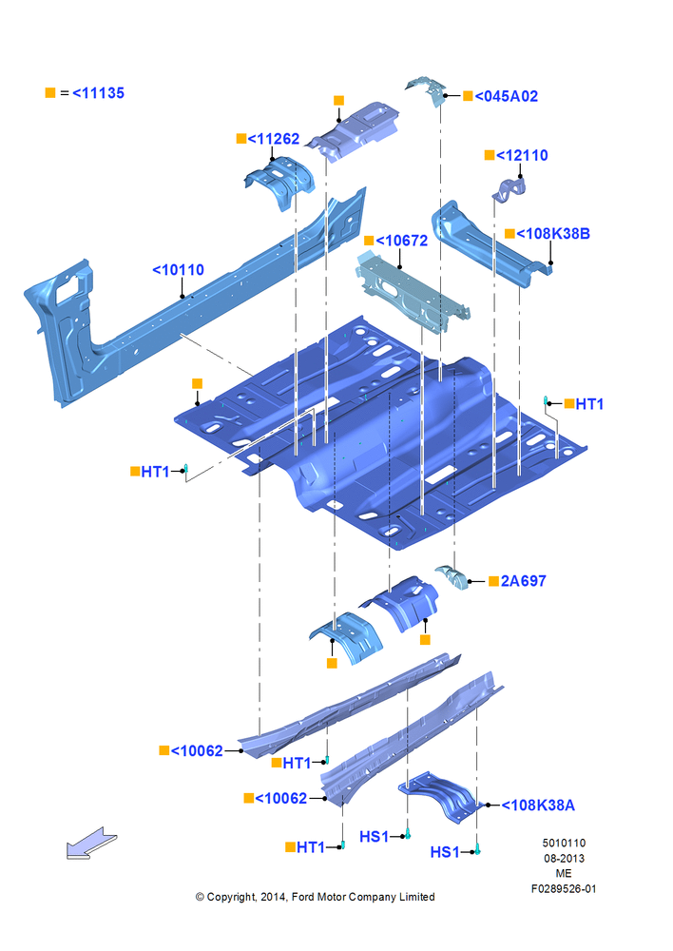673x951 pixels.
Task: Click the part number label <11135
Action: click(x=98, y=93)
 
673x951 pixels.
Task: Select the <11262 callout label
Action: click(x=274, y=139)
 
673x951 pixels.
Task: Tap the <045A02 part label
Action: click(x=507, y=96)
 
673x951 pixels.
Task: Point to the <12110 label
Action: click(x=522, y=155)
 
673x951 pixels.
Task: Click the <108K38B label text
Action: click(x=553, y=234)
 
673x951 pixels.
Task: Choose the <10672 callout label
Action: click(x=402, y=241)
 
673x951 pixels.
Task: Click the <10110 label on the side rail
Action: click(x=179, y=270)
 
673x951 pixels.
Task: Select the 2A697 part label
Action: click(x=523, y=581)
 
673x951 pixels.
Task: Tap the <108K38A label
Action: click(x=538, y=805)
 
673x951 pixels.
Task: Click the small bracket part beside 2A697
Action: click(x=452, y=577)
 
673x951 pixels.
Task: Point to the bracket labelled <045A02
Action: click(x=428, y=89)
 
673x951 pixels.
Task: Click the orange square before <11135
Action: click(x=50, y=93)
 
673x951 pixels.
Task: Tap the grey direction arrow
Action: click(x=91, y=844)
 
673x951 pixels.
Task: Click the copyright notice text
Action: click(x=315, y=897)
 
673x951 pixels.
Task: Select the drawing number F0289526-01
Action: click(x=564, y=889)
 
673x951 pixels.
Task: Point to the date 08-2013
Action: click(x=564, y=858)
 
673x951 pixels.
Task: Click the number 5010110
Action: click(x=564, y=843)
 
